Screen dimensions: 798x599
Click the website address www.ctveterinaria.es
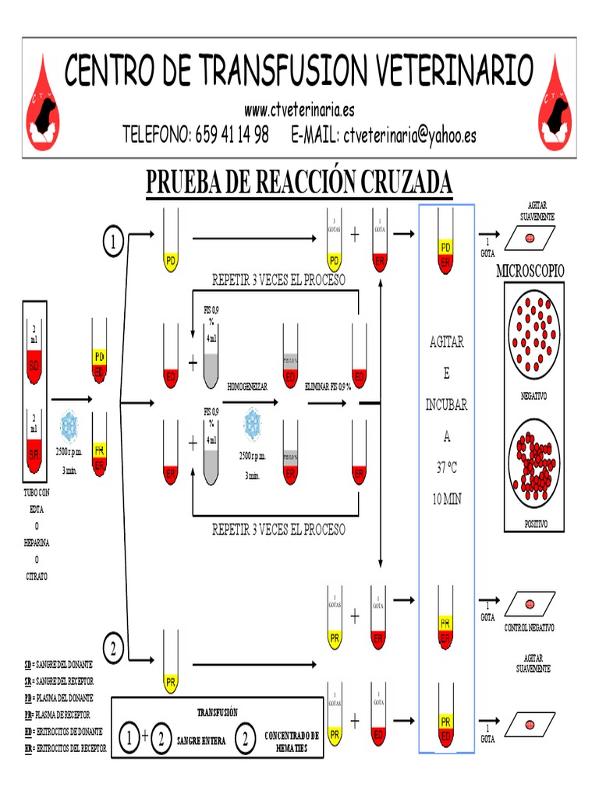[299, 110]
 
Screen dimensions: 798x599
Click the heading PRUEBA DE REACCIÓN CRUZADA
[299, 182]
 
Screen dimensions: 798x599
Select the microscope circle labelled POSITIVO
[534, 465]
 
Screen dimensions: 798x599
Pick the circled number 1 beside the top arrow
[114, 242]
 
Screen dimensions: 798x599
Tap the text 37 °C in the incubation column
[446, 467]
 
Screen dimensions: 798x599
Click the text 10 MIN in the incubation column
[446, 499]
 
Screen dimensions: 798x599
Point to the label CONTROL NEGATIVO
[529, 627]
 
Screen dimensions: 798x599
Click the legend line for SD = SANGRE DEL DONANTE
[58, 664]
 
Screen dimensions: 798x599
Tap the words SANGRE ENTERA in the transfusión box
[201, 741]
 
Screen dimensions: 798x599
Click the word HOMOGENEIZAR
[248, 386]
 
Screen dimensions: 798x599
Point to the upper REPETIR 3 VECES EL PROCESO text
[278, 280]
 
